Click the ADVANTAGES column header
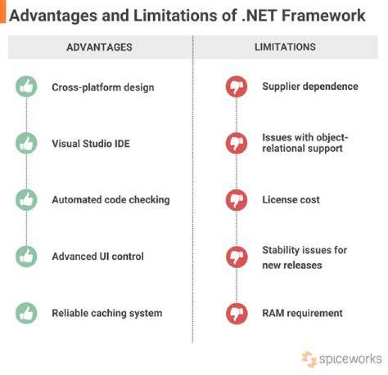(x=100, y=47)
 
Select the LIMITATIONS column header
(x=285, y=47)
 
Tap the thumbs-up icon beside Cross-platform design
(x=26, y=87)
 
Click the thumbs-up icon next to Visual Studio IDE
(x=26, y=143)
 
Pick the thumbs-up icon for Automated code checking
(x=26, y=200)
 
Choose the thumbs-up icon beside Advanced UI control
(x=26, y=257)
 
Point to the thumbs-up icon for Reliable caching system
(x=26, y=313)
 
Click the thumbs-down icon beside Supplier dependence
(x=237, y=87)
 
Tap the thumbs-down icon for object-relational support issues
(x=237, y=143)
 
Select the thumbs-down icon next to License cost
(x=237, y=200)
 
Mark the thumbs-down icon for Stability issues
(x=237, y=257)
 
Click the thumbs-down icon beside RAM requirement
(x=237, y=313)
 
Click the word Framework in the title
(x=323, y=15)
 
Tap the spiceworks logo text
(x=350, y=359)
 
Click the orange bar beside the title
(x=3, y=12)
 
